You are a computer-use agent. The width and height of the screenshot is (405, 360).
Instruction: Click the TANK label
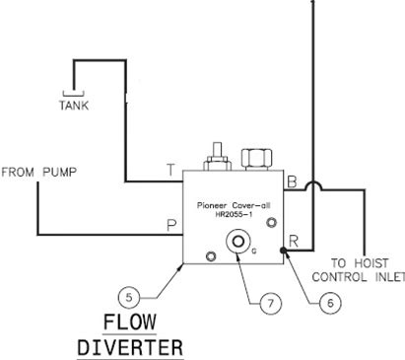coord(74,106)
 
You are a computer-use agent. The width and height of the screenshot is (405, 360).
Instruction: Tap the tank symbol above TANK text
coord(73,94)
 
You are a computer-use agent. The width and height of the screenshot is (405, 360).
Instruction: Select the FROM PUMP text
coord(39,172)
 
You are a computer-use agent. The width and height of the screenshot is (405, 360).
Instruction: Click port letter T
coord(170,170)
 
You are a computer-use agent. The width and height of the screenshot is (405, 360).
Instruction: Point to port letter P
coord(171,225)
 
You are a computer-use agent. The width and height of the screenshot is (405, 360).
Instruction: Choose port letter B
coord(292,181)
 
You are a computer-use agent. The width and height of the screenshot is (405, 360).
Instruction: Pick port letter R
coord(294,241)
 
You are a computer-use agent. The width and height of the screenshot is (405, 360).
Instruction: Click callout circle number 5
coord(129,298)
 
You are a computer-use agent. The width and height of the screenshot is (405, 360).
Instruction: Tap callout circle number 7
coord(271,303)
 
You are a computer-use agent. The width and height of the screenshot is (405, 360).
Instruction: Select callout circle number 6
coord(330,303)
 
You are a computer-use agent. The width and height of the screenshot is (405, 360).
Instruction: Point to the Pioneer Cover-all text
coord(234,205)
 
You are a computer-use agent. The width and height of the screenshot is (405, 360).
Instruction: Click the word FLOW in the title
coord(130,322)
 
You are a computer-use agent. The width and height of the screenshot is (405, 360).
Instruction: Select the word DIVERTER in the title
coord(130,347)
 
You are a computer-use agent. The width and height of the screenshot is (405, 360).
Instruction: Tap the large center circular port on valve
coord(237,242)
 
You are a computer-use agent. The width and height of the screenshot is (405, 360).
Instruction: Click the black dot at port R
coord(284,251)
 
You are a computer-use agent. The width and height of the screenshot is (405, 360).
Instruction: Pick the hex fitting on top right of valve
coord(256,159)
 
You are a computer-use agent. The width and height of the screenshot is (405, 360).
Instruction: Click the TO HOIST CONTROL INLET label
coord(359,270)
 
